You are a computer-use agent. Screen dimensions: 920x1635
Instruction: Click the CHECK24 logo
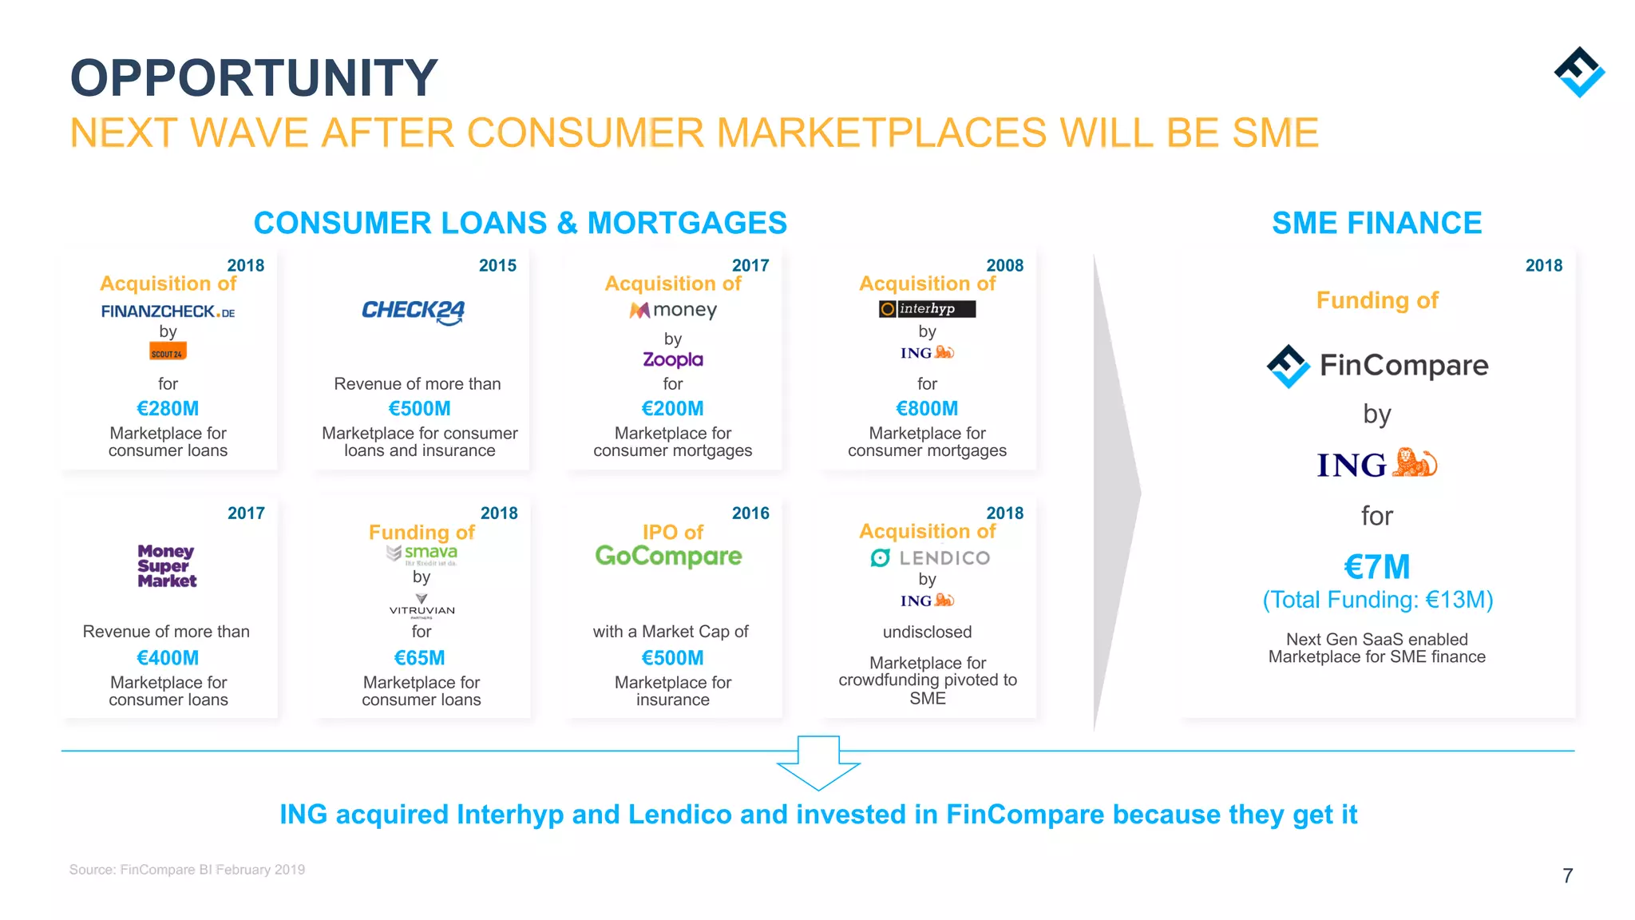pos(413,311)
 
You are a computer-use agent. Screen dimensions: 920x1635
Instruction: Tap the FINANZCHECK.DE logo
pos(168,311)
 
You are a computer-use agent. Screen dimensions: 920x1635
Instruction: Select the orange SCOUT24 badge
pos(168,352)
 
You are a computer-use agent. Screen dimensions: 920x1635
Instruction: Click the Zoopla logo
pos(673,359)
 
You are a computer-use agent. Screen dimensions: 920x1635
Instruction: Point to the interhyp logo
pos(927,309)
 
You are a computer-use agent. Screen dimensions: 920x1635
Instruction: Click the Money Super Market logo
pos(167,566)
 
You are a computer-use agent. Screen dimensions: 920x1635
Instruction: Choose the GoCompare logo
pos(668,556)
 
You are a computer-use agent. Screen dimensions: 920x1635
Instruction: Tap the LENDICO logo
pos(930,558)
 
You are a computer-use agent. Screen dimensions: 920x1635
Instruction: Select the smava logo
pos(422,553)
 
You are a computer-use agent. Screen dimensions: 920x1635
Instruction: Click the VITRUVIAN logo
pos(422,605)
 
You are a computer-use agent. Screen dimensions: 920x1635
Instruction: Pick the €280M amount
pos(168,409)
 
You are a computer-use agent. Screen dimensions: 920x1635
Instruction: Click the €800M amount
pos(927,409)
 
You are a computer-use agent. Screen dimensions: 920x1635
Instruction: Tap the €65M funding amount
pos(420,658)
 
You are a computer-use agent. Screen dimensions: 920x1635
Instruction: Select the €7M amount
pos(1377,567)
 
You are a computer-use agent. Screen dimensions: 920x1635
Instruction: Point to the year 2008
pos(1004,265)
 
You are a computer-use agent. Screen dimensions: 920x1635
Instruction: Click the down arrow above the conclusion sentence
pos(818,763)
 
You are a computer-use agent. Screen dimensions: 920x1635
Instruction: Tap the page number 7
pos(1567,876)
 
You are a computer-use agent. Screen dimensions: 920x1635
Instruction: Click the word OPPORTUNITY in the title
pos(254,78)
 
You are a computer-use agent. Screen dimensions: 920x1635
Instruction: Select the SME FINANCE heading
pos(1376,223)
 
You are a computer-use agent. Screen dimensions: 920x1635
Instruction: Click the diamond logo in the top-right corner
pos(1579,72)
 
